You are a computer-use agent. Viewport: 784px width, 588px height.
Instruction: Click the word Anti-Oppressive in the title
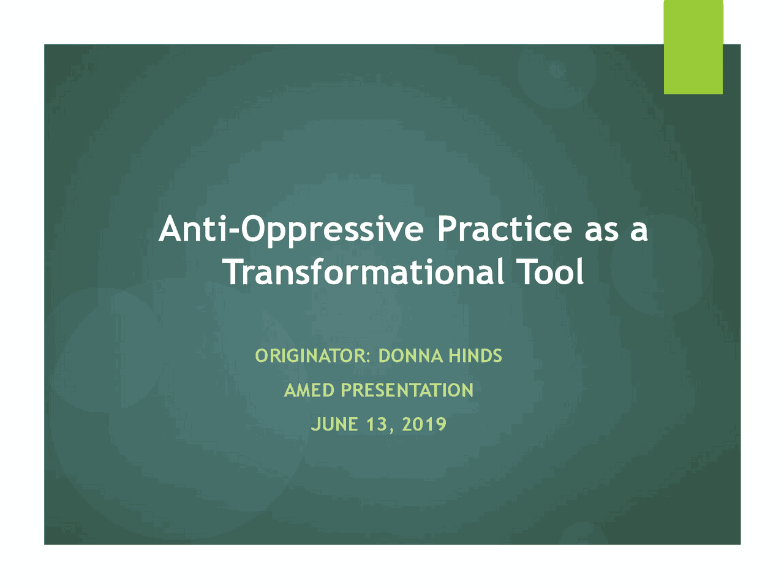coord(291,230)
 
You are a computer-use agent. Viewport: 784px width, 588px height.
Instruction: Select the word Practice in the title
coord(504,228)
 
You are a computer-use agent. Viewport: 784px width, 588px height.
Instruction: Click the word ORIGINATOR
coord(311,356)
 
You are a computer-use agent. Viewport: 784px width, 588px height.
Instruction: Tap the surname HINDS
coord(475,356)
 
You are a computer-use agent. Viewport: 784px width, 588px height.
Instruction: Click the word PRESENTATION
coord(407,390)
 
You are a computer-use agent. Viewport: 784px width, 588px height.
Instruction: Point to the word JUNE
coord(334,424)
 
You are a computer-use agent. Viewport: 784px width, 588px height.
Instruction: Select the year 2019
coord(424,424)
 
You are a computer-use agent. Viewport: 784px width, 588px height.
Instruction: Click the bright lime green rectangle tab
coord(693,47)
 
